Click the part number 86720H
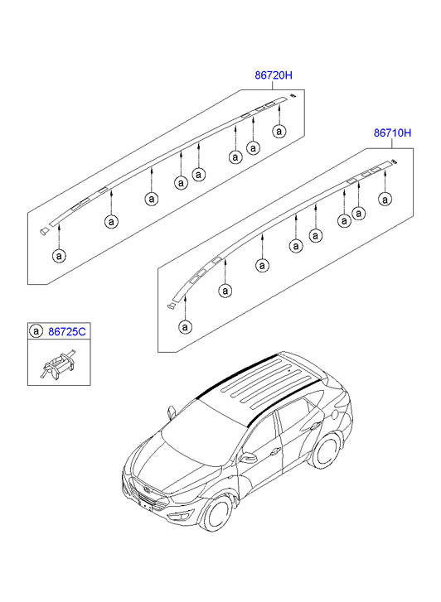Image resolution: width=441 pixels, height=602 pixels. click(x=274, y=75)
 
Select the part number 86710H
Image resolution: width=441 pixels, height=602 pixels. click(x=393, y=133)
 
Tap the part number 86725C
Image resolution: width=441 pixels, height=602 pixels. click(x=67, y=331)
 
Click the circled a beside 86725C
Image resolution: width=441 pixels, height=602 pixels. click(x=36, y=331)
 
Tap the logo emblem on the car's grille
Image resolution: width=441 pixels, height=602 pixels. click(x=148, y=490)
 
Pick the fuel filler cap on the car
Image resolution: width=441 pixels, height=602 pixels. click(x=335, y=414)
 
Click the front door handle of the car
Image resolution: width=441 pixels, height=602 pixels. click(x=275, y=452)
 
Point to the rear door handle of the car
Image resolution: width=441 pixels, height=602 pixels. click(x=314, y=426)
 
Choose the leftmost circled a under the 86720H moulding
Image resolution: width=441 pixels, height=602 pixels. click(x=59, y=256)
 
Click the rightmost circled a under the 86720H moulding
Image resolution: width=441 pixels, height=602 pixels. click(x=279, y=132)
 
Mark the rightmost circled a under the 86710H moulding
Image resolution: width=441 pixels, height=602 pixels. click(x=385, y=200)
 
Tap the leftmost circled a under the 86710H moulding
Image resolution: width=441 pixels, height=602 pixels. click(x=186, y=327)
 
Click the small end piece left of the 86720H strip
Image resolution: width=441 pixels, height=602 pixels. click(x=44, y=230)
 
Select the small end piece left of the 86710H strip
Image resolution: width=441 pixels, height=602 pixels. click(x=171, y=306)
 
